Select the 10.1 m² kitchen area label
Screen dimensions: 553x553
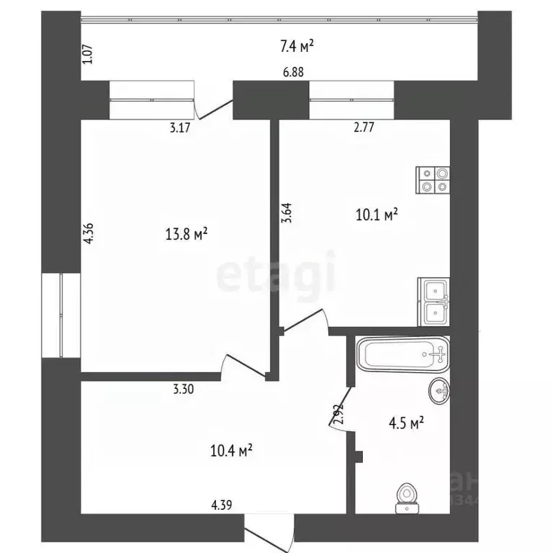tap(377, 214)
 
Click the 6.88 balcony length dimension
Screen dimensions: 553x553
tap(292, 71)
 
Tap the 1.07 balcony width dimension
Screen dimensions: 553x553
tap(89, 54)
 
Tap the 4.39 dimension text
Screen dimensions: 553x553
tap(222, 505)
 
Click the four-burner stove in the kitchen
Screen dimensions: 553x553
tap(433, 179)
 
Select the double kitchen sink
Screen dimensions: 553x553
tap(434, 302)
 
